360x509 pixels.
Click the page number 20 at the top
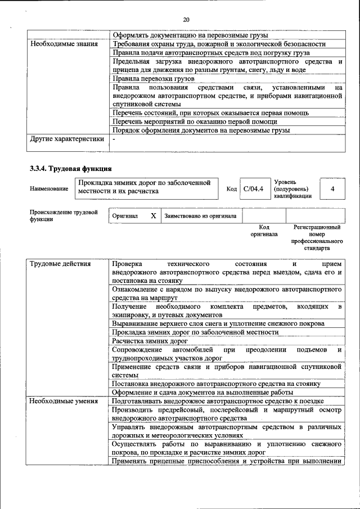pyautogui.click(x=186, y=20)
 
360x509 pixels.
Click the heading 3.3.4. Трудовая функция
pyautogui.click(x=71, y=168)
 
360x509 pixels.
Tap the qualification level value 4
pyautogui.click(x=332, y=188)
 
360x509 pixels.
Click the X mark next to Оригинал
pyautogui.click(x=153, y=215)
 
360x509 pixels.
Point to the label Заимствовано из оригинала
pyautogui.click(x=200, y=215)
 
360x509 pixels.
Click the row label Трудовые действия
pyautogui.click(x=58, y=264)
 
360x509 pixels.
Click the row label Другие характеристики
pyautogui.click(x=67, y=139)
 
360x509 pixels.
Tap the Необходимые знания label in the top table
pyautogui.click(x=64, y=43)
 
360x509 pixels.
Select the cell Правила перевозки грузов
pyautogui.click(x=153, y=79)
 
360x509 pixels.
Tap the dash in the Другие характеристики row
pyautogui.click(x=114, y=139)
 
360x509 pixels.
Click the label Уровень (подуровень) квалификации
pyautogui.click(x=291, y=189)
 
